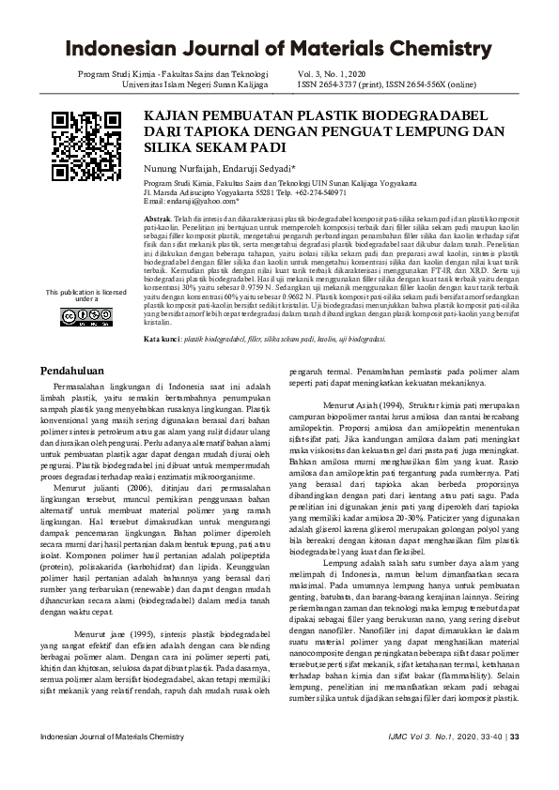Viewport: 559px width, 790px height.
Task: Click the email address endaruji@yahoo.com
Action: pos(204,202)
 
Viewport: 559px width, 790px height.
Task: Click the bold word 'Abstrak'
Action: pos(158,217)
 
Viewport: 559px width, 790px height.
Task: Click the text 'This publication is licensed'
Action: pos(86,292)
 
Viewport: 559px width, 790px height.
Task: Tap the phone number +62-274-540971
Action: pos(324,193)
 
